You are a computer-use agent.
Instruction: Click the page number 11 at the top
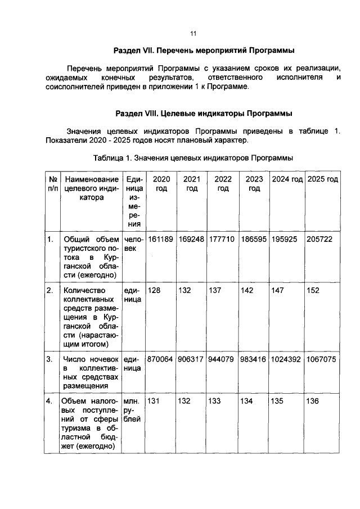192,33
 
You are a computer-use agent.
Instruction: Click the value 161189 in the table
161,240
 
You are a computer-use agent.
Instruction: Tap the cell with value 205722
320,240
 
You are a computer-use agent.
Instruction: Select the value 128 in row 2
154,290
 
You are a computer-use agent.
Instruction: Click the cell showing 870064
161,359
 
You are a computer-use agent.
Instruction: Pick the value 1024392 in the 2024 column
287,359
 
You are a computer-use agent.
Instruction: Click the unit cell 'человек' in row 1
132,244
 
